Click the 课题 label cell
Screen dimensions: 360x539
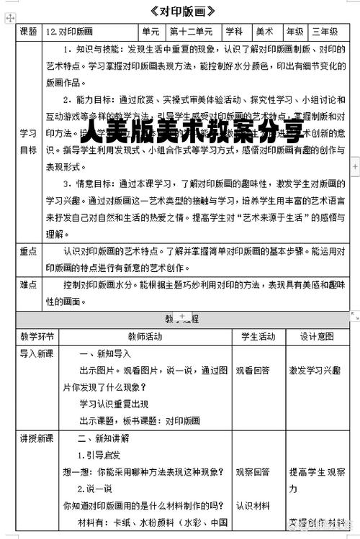coord(29,32)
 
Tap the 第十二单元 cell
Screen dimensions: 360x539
coord(192,32)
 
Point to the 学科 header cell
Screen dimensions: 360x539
coord(234,32)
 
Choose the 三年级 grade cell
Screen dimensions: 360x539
coord(324,32)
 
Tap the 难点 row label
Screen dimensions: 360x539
coord(29,285)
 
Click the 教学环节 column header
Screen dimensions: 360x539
coord(37,336)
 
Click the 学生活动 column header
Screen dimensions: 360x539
coord(257,336)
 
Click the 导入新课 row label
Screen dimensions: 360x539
coord(37,353)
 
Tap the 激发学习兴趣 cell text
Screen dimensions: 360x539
coord(315,370)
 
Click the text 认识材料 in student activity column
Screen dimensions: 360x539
coord(253,504)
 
